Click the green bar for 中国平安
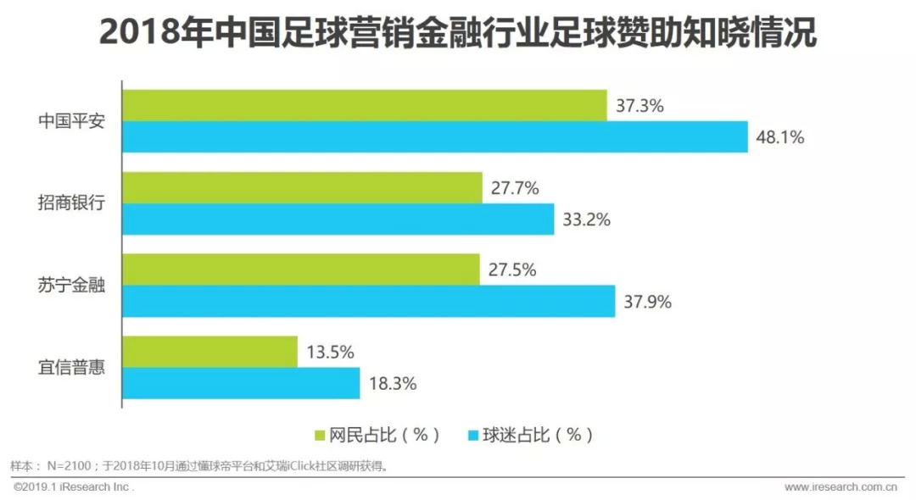(x=365, y=105)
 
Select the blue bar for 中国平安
(x=435, y=137)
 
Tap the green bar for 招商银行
(x=302, y=187)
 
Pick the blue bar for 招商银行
(x=338, y=219)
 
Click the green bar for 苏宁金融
(x=301, y=269)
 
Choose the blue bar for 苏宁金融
(x=369, y=301)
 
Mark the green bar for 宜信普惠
(x=210, y=352)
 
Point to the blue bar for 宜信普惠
(x=242, y=383)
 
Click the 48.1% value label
(x=780, y=137)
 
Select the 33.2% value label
(x=586, y=219)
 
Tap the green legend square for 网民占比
(x=321, y=436)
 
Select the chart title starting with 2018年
(x=458, y=34)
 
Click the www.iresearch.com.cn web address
(x=841, y=487)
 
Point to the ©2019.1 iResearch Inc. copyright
(x=75, y=487)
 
